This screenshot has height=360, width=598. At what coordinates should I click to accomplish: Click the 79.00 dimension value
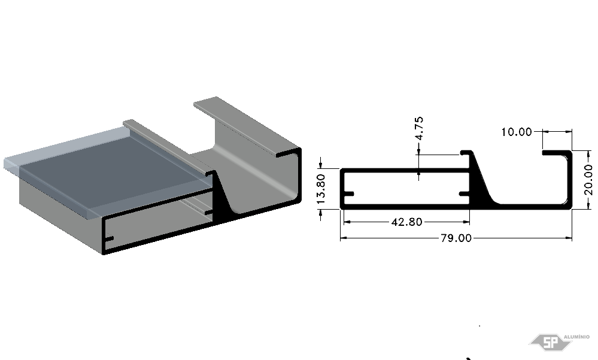(456, 238)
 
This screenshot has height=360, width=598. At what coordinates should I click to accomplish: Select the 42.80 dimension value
(406, 222)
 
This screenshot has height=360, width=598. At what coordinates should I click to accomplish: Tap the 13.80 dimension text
(321, 189)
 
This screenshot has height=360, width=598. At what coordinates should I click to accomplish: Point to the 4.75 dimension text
(418, 129)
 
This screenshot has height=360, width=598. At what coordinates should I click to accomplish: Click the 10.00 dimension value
(517, 132)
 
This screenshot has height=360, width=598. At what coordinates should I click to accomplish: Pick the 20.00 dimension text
(588, 180)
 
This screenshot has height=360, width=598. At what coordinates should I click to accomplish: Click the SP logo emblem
(550, 342)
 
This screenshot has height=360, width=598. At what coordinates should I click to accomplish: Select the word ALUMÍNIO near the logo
(576, 337)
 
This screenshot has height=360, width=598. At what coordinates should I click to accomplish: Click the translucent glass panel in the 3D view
(107, 168)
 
